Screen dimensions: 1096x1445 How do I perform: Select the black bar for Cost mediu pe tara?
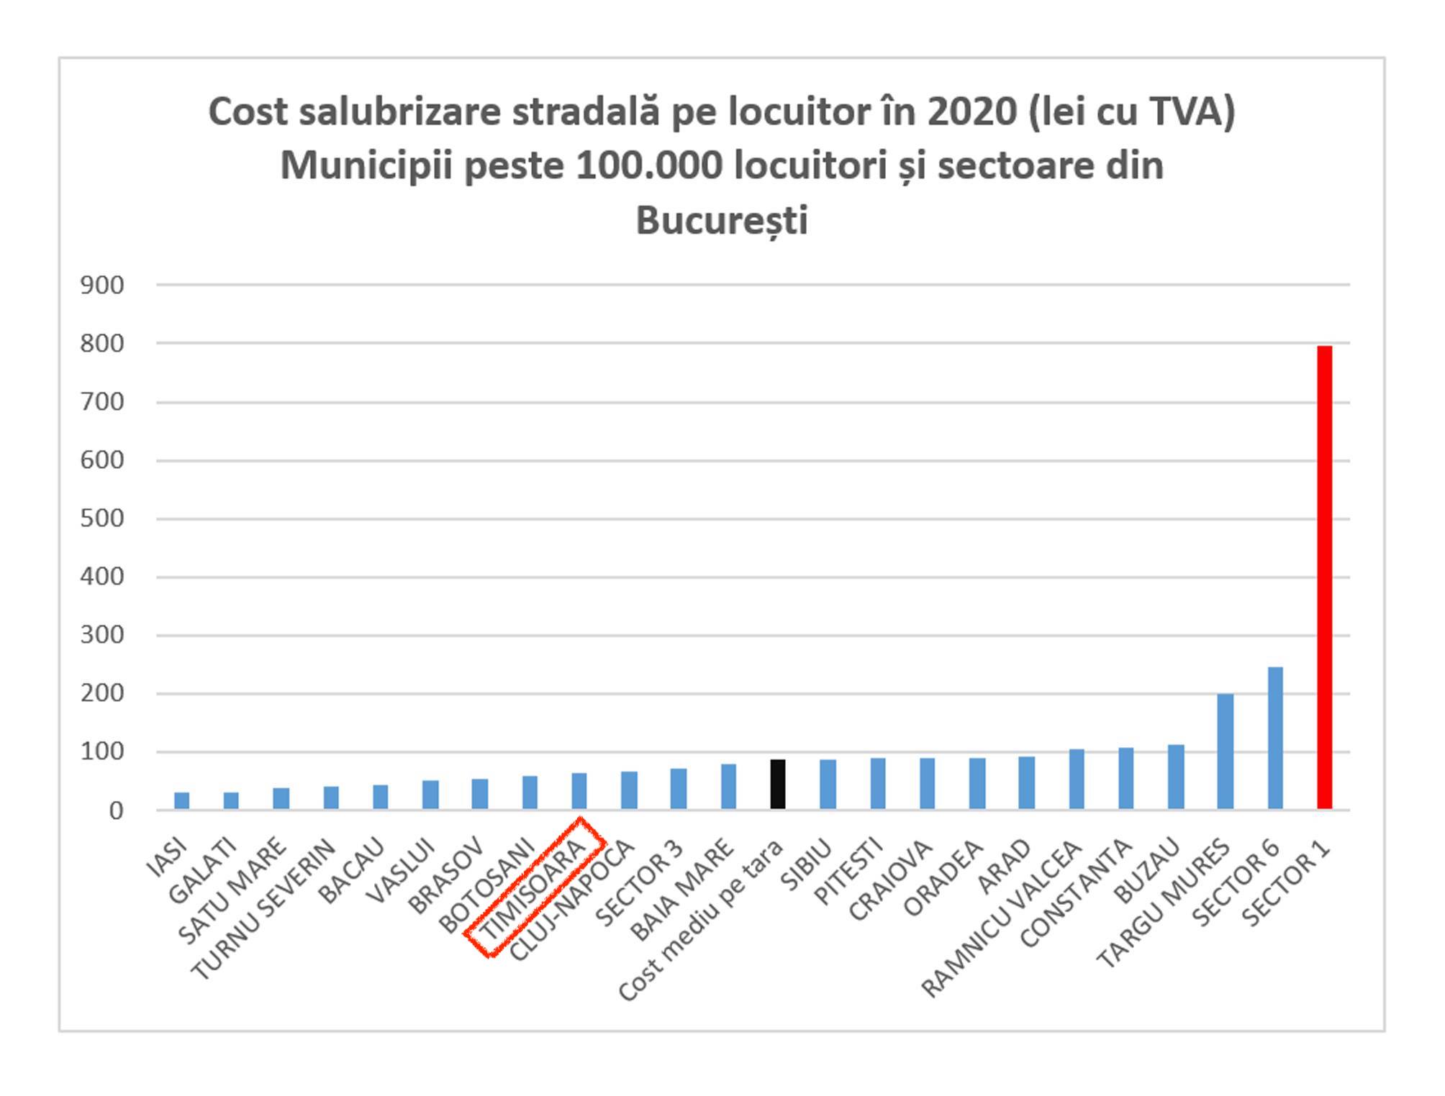(778, 784)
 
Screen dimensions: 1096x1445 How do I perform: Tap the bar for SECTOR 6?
(1274, 738)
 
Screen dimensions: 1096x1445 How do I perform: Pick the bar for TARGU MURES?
(1225, 752)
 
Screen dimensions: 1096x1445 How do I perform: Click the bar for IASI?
(182, 800)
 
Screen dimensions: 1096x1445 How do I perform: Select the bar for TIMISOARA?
(579, 791)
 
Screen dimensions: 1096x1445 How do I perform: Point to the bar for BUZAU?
(1175, 777)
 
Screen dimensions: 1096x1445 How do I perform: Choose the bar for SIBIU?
(828, 784)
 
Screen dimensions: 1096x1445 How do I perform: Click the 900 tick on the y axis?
(102, 286)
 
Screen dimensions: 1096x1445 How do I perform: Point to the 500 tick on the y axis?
(102, 519)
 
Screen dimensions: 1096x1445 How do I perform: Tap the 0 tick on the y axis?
(116, 811)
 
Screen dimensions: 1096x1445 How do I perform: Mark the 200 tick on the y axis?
(102, 694)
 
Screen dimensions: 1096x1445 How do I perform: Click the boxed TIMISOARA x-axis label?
(534, 889)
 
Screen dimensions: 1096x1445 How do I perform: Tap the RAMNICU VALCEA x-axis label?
(1002, 919)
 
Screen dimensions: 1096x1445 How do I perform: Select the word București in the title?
(722, 220)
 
